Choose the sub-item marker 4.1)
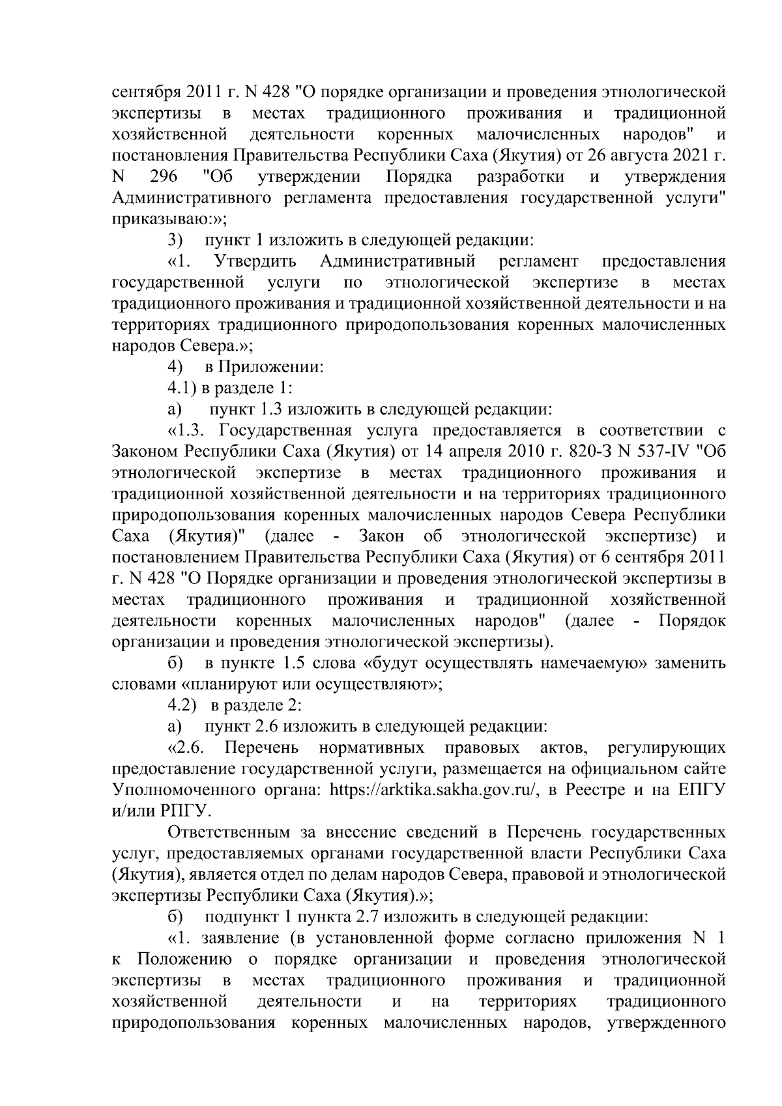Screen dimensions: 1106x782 pos(183,388)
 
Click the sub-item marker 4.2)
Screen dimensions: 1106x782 pos(183,705)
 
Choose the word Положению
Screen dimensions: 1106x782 pos(185,959)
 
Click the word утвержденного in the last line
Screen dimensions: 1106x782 pos(666,1022)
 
